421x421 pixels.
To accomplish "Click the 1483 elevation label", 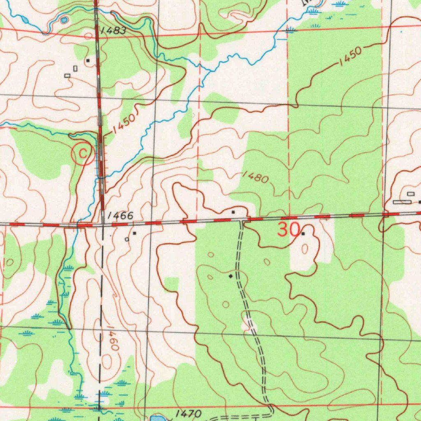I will coord(112,30).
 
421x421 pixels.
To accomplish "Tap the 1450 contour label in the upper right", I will coord(350,57).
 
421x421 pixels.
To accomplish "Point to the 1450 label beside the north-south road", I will coord(124,124).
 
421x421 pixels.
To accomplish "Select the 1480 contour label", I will coord(255,177).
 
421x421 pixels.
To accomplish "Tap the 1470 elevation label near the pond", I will coord(188,414).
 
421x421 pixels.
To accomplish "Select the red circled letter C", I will coord(83,154).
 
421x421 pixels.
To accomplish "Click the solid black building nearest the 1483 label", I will coord(88,60).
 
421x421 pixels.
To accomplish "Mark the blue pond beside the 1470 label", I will coord(157,419).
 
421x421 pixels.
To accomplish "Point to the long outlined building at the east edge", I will coord(402,202).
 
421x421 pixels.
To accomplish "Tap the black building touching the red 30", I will coord(303,234).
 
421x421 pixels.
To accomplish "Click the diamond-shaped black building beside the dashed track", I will coord(231,276).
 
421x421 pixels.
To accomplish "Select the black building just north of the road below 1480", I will coord(233,212).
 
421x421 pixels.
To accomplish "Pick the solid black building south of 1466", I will coord(134,233).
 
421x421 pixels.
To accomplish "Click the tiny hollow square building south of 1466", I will coord(127,239).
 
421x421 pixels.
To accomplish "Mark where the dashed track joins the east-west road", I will coord(242,221).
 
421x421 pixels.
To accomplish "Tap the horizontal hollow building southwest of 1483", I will coord(67,75).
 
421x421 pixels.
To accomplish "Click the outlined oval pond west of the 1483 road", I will coord(64,19).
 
